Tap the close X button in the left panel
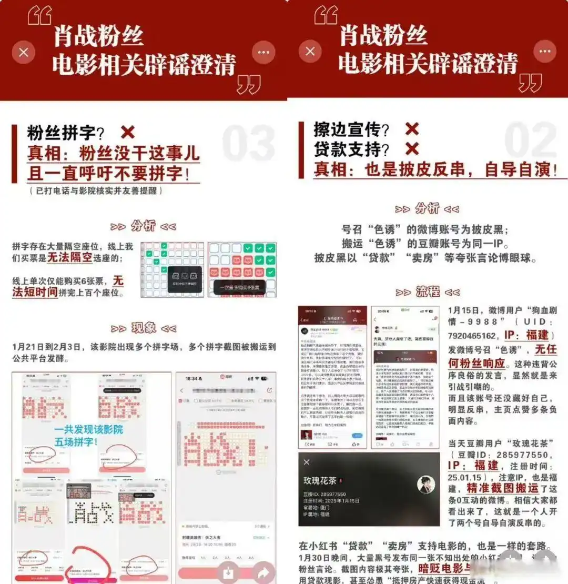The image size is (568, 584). pyautogui.click(x=23, y=53)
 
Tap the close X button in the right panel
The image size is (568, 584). pyautogui.click(x=310, y=52)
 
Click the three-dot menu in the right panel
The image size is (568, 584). pyautogui.click(x=544, y=52)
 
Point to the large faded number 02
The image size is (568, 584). pyautogui.click(x=530, y=140)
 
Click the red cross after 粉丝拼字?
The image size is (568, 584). pyautogui.click(x=127, y=132)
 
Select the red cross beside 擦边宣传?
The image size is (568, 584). pyautogui.click(x=412, y=129)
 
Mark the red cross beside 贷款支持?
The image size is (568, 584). pyautogui.click(x=412, y=149)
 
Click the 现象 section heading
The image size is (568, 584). pyautogui.click(x=143, y=328)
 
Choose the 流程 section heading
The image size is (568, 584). pyautogui.click(x=427, y=292)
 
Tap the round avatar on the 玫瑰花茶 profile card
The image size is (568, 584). pyautogui.click(x=426, y=485)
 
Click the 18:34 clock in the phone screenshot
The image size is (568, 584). pyautogui.click(x=191, y=379)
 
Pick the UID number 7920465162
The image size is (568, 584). pyautogui.click(x=472, y=335)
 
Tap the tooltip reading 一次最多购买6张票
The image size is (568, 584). pyautogui.click(x=240, y=287)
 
